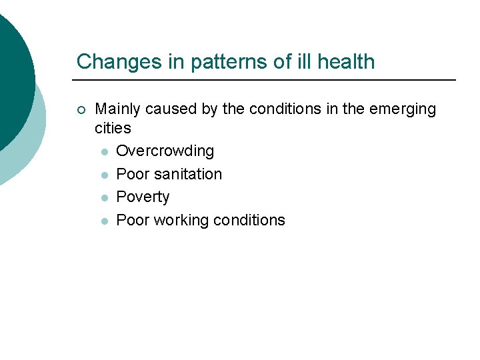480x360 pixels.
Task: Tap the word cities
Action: pyautogui.click(x=113, y=127)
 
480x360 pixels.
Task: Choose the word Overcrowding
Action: pyautogui.click(x=165, y=151)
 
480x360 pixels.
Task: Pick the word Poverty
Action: pyautogui.click(x=143, y=197)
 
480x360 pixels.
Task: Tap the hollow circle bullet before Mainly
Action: pyautogui.click(x=81, y=109)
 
